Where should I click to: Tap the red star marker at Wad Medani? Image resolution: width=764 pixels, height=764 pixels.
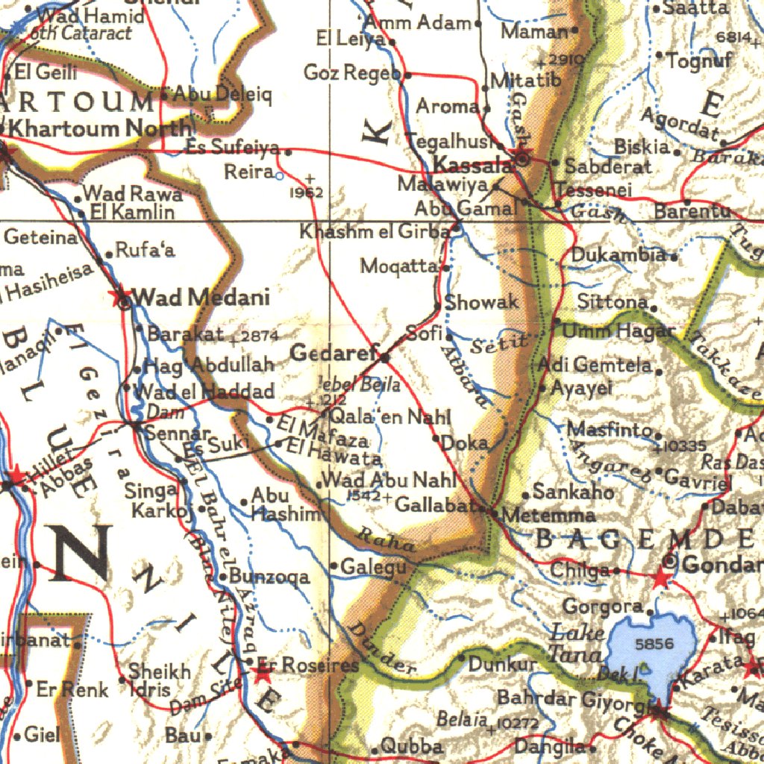coord(119,296)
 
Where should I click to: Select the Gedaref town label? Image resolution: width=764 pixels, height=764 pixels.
coord(331,354)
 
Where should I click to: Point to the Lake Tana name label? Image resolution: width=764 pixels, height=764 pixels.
coord(576,644)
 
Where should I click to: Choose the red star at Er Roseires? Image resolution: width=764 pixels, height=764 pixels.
coord(261,674)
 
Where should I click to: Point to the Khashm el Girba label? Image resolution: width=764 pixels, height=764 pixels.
coord(375,232)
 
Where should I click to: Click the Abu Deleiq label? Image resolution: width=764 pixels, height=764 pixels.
coord(213,95)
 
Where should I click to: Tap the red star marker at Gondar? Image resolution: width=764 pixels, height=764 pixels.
coord(661,577)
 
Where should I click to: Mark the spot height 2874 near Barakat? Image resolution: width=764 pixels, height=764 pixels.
coord(259,336)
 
